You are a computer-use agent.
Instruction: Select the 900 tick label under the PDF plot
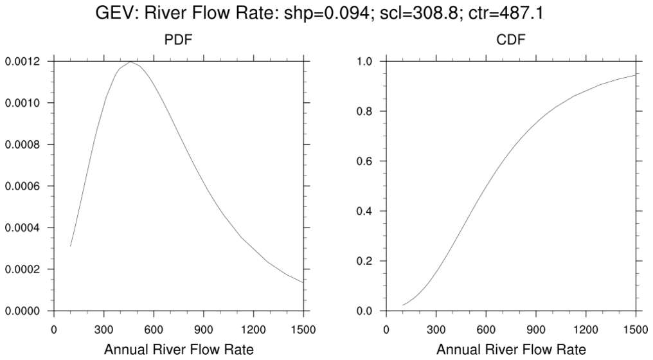pyautogui.click(x=204, y=330)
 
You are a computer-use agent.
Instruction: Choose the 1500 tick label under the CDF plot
pyautogui.click(x=636, y=330)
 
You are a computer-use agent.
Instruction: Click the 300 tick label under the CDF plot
pyautogui.click(x=436, y=330)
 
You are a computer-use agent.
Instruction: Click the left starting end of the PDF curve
pyautogui.click(x=70, y=246)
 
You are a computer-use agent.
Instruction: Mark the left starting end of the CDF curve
pyautogui.click(x=403, y=305)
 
